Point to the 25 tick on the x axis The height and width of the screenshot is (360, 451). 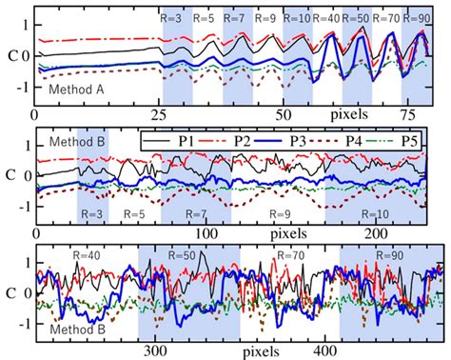(157, 115)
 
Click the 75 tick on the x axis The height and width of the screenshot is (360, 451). (411, 115)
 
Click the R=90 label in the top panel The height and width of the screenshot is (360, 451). (415, 18)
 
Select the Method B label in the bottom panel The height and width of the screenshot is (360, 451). (72, 329)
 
